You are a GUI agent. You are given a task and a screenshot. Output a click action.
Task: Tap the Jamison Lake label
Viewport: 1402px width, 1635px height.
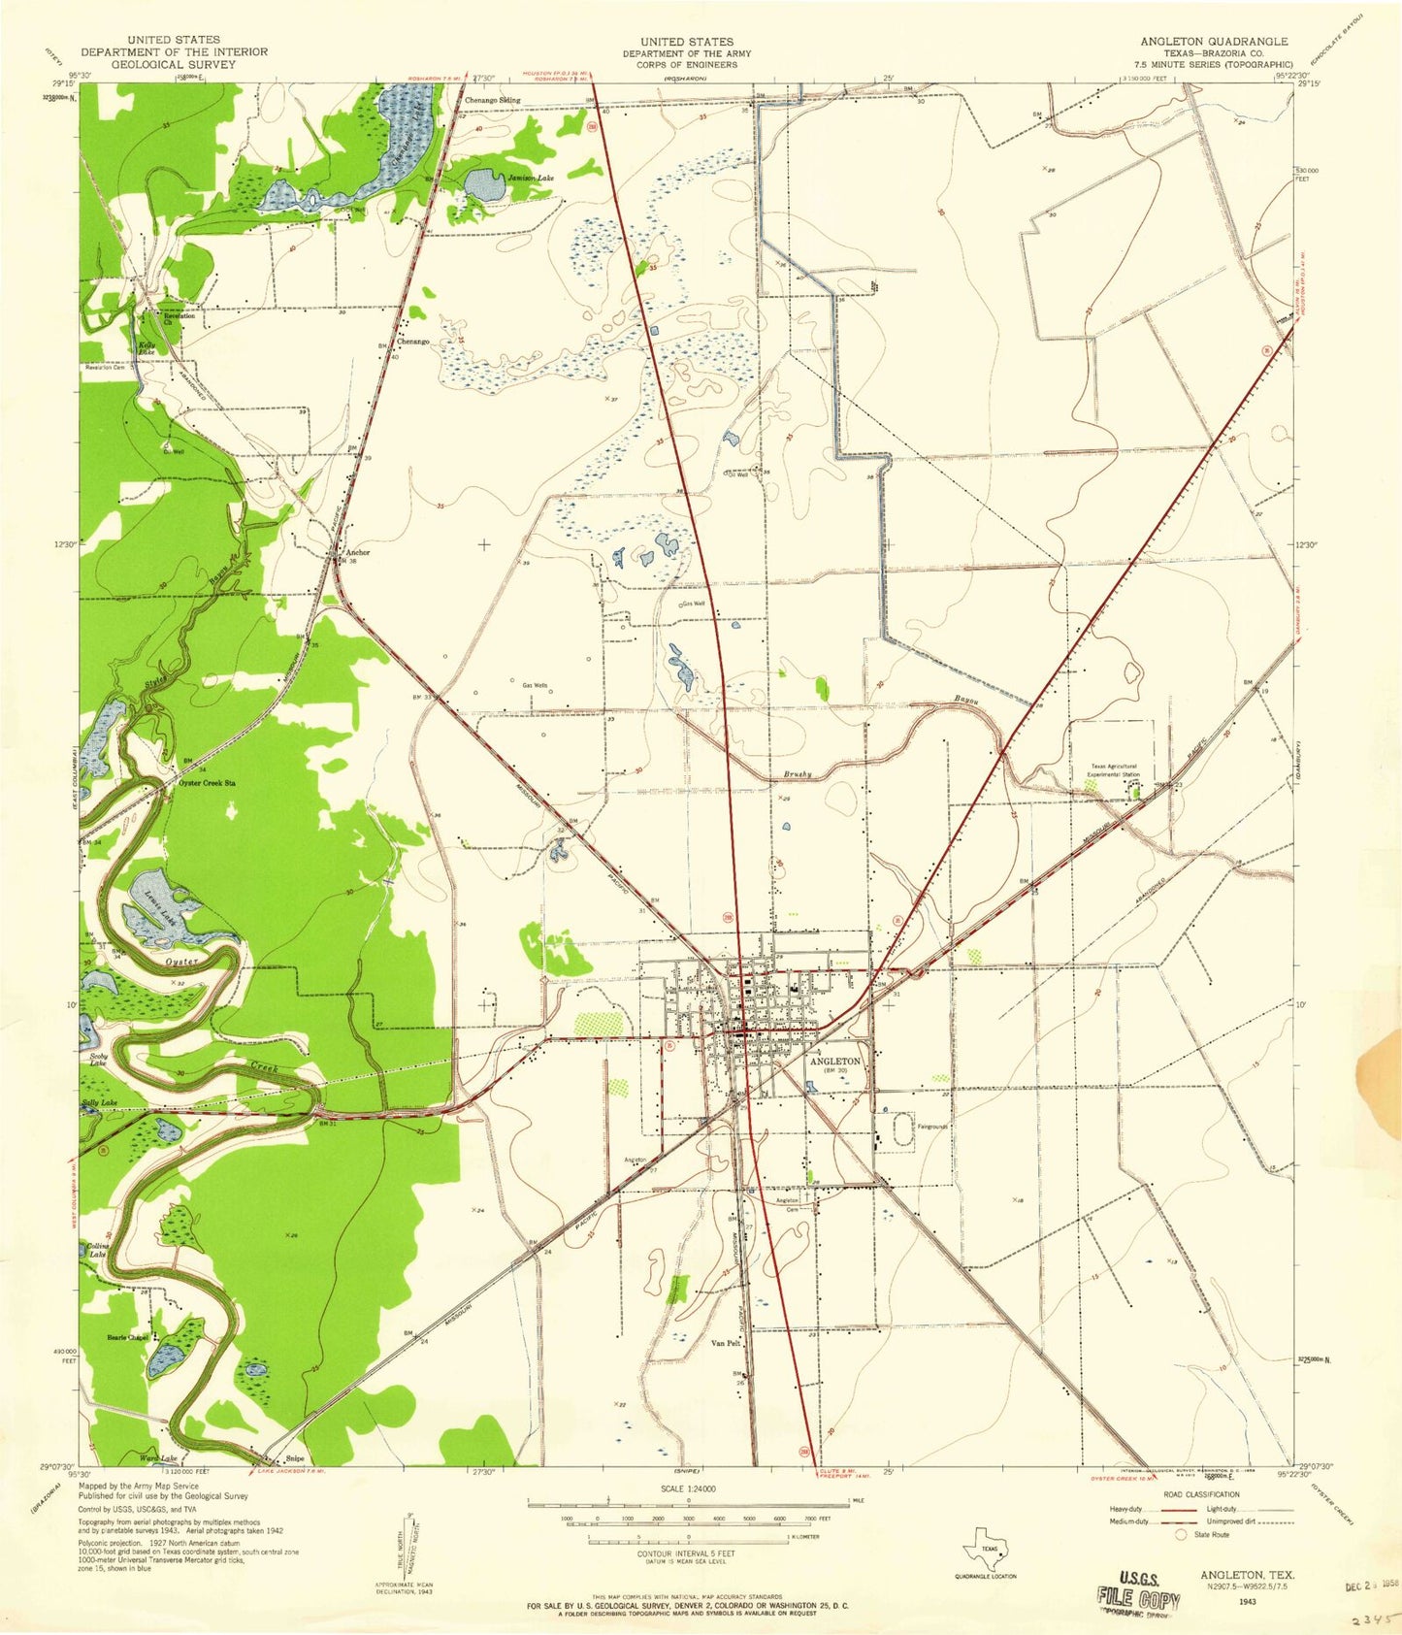pyautogui.click(x=531, y=179)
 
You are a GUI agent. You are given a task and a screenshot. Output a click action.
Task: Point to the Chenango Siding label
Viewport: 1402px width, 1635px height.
pyautogui.click(x=492, y=100)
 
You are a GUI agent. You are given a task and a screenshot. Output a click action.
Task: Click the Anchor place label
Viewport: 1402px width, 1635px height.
pyautogui.click(x=357, y=553)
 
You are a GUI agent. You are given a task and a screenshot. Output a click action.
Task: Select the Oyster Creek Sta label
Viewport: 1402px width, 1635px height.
pyautogui.click(x=208, y=782)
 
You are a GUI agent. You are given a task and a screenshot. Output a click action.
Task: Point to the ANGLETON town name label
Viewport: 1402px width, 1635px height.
pyautogui.click(x=834, y=1062)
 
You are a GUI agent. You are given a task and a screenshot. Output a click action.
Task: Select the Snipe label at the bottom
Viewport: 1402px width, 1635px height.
pyautogui.click(x=295, y=1458)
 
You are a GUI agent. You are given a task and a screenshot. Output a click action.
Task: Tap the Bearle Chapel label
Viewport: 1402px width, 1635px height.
pyautogui.click(x=128, y=1338)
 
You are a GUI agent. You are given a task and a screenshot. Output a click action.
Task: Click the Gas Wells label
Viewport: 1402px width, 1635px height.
pyautogui.click(x=536, y=685)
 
